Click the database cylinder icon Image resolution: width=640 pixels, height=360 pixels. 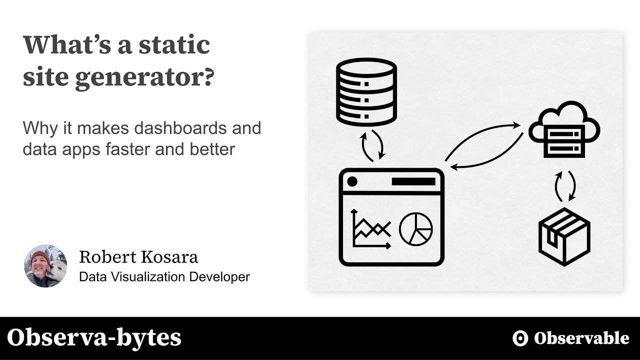pyautogui.click(x=366, y=91)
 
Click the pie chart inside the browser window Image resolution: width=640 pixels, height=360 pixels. pyautogui.click(x=415, y=229)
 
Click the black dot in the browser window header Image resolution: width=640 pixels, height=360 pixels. pyautogui.click(x=352, y=181)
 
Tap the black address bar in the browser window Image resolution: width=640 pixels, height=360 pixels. pyautogui.click(x=413, y=181)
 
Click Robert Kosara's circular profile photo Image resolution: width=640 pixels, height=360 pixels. pyautogui.click(x=45, y=266)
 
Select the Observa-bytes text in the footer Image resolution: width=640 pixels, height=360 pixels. pyautogui.click(x=94, y=338)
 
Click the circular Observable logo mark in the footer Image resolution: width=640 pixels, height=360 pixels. pyautogui.click(x=520, y=338)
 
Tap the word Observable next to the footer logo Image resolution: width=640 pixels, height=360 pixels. pyautogui.click(x=581, y=338)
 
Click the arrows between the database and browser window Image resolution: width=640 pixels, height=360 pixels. pyautogui.click(x=372, y=145)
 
